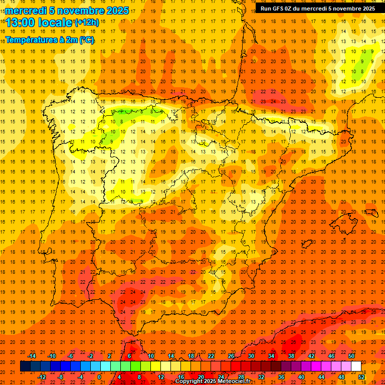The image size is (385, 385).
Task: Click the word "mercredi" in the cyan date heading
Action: click(x=26, y=11)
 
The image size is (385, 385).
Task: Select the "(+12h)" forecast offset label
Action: click(x=86, y=23)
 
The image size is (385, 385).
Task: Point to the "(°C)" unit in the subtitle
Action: click(x=86, y=40)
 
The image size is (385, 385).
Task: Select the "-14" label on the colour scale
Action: click(x=32, y=356)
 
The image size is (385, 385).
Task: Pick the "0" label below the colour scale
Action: click(x=100, y=377)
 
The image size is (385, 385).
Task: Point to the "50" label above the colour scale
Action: click(x=351, y=356)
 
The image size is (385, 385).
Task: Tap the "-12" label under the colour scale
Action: click(x=42, y=377)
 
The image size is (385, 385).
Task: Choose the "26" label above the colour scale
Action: click(x=231, y=356)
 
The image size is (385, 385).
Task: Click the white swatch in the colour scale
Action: click(x=356, y=366)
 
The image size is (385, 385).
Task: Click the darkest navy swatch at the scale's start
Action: click(x=25, y=366)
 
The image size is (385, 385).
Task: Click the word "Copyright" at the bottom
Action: click(x=191, y=381)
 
